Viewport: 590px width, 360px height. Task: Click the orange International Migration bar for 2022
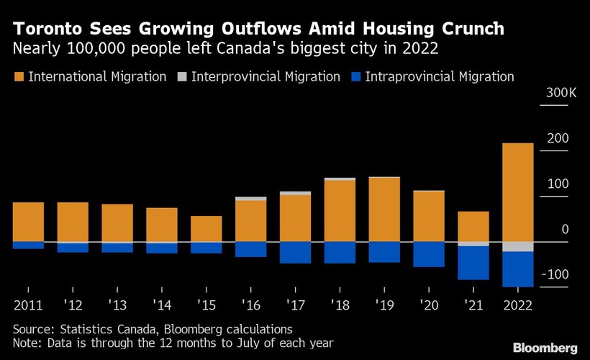[517, 192]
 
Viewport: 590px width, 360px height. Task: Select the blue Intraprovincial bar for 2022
[517, 269]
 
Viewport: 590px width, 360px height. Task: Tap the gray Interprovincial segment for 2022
[517, 246]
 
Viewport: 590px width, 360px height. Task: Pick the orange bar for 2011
[28, 222]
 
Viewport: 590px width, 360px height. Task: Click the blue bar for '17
[295, 252]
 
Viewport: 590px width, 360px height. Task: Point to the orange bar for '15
[206, 228]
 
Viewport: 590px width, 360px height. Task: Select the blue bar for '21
[473, 263]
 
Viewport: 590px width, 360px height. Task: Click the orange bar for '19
[383, 209]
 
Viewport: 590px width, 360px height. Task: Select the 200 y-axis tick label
[558, 138]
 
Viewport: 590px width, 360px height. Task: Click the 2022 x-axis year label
[517, 305]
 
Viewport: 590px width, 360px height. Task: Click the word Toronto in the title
[50, 30]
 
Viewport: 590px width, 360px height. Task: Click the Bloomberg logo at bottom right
[545, 348]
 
